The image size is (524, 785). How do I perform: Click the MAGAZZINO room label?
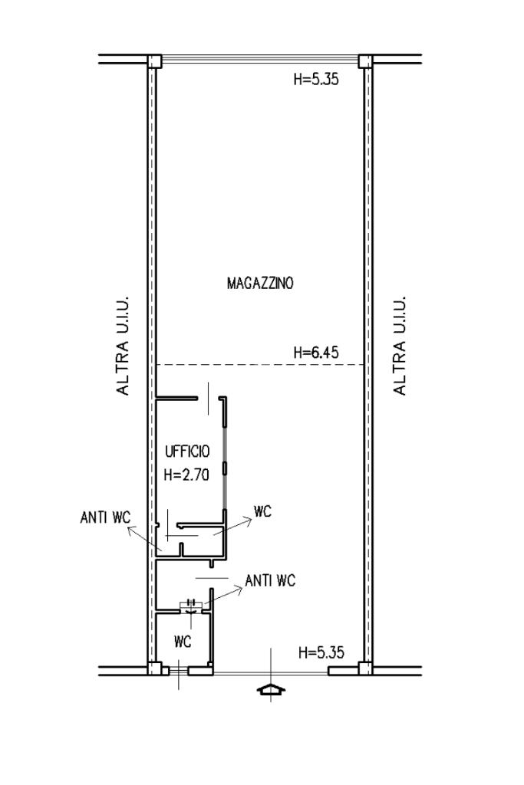(x=260, y=284)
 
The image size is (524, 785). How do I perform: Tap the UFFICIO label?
(x=187, y=452)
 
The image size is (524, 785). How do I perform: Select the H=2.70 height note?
(x=186, y=475)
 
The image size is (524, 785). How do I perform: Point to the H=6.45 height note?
(x=316, y=353)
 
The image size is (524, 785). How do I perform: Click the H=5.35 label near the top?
(x=316, y=79)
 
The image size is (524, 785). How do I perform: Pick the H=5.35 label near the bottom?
(x=321, y=652)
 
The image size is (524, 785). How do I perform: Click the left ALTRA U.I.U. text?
(x=123, y=345)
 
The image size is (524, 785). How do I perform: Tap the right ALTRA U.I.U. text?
(x=399, y=345)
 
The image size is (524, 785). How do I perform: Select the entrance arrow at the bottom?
(x=271, y=690)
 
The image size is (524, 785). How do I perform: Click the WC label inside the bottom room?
(x=183, y=642)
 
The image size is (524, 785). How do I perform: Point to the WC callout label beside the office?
(x=262, y=511)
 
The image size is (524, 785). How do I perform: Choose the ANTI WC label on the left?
(x=104, y=517)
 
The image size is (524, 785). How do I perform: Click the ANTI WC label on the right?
(x=270, y=580)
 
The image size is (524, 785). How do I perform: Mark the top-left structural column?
(x=154, y=61)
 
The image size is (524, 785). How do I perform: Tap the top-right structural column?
(x=366, y=61)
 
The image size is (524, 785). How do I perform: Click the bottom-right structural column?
(x=366, y=668)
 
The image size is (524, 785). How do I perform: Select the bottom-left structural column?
(x=154, y=668)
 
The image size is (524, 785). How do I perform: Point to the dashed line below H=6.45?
(x=260, y=365)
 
